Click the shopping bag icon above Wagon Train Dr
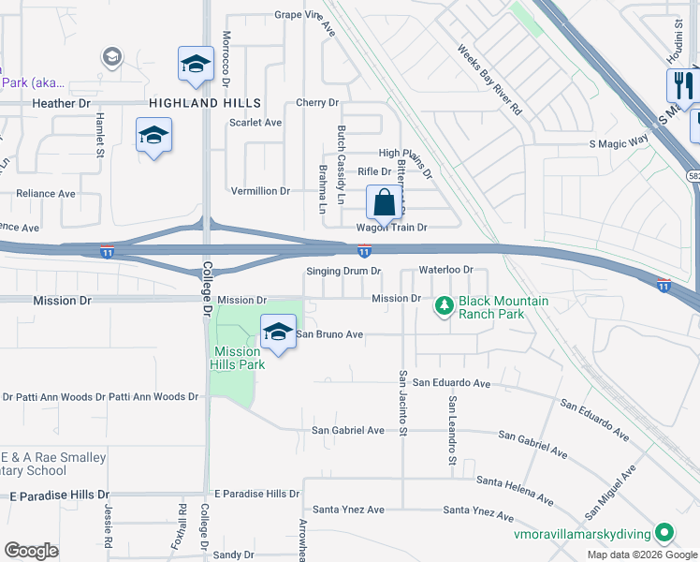tap(384, 201)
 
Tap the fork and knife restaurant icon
tap(681, 85)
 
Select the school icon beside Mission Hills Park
tap(278, 333)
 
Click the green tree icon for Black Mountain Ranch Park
tap(444, 304)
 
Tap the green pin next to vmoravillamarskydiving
tap(664, 533)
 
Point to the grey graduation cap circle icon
tap(112, 58)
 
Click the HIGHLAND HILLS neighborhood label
tap(203, 102)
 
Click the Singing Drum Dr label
tap(344, 271)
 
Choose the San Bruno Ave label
tap(329, 333)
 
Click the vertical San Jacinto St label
tap(403, 403)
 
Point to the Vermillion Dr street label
tap(261, 190)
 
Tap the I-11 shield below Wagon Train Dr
tap(364, 250)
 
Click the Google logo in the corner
tap(31, 551)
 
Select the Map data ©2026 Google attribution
tap(641, 555)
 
